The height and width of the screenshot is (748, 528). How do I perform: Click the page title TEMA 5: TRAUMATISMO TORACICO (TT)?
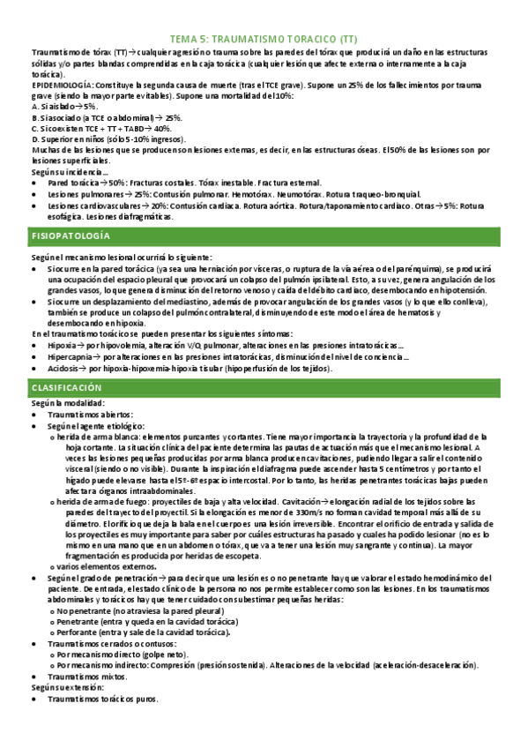[x=264, y=40]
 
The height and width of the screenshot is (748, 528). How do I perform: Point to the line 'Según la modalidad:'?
[x=67, y=402]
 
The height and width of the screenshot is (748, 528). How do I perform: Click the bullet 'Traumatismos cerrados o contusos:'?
[x=118, y=644]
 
